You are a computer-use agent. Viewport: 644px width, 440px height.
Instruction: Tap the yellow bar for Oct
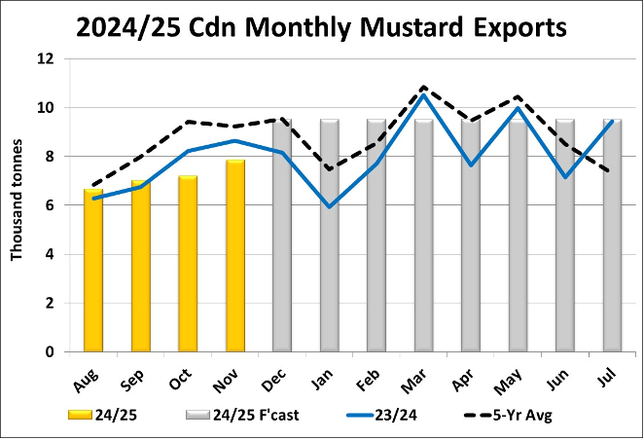[188, 264]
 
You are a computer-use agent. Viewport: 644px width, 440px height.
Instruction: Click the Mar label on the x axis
[420, 372]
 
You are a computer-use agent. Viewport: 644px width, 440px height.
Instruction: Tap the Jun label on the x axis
[562, 372]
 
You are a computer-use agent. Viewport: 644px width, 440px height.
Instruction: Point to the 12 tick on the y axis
[45, 58]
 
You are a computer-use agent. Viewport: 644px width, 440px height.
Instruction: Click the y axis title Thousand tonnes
[17, 204]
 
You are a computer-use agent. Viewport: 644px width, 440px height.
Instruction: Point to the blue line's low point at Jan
[329, 207]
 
